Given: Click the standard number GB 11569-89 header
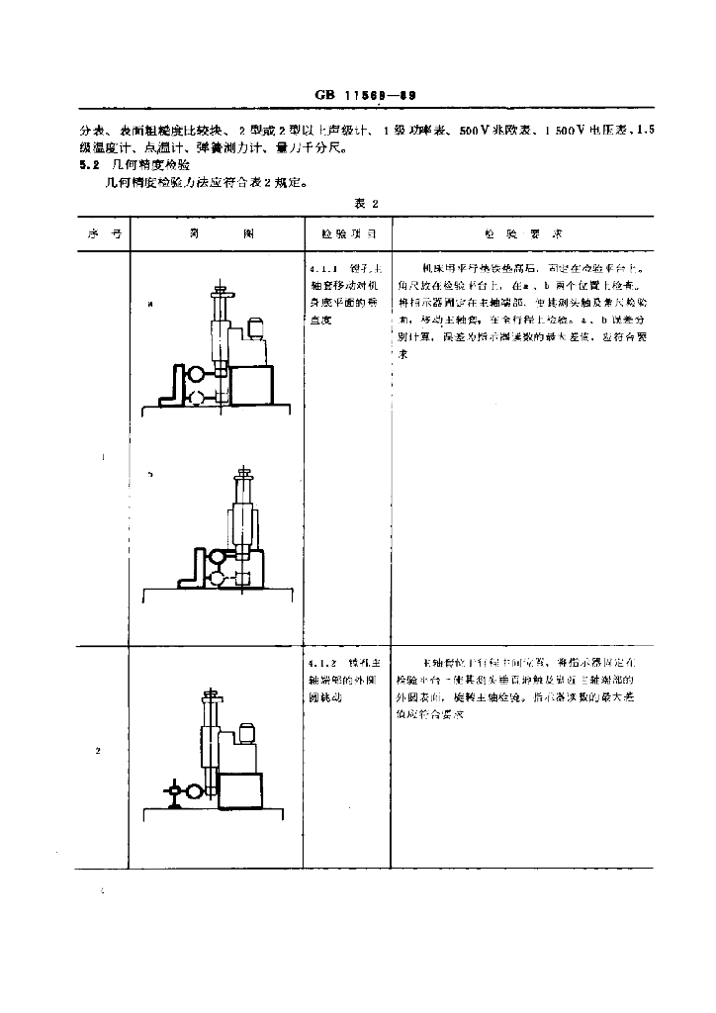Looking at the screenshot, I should (x=365, y=96).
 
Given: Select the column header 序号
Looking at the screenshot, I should (x=97, y=236).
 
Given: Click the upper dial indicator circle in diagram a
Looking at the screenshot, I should (x=197, y=374).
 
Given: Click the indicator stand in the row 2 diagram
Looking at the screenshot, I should (x=177, y=791).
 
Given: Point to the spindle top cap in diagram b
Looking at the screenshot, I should (x=241, y=473).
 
